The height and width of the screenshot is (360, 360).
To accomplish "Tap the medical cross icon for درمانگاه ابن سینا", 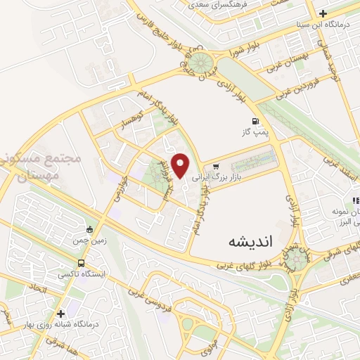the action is (x=323, y=14).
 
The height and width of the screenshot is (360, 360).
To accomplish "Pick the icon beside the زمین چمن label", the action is (x=89, y=229).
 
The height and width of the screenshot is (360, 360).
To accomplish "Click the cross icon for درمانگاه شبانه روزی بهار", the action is (x=61, y=314).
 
